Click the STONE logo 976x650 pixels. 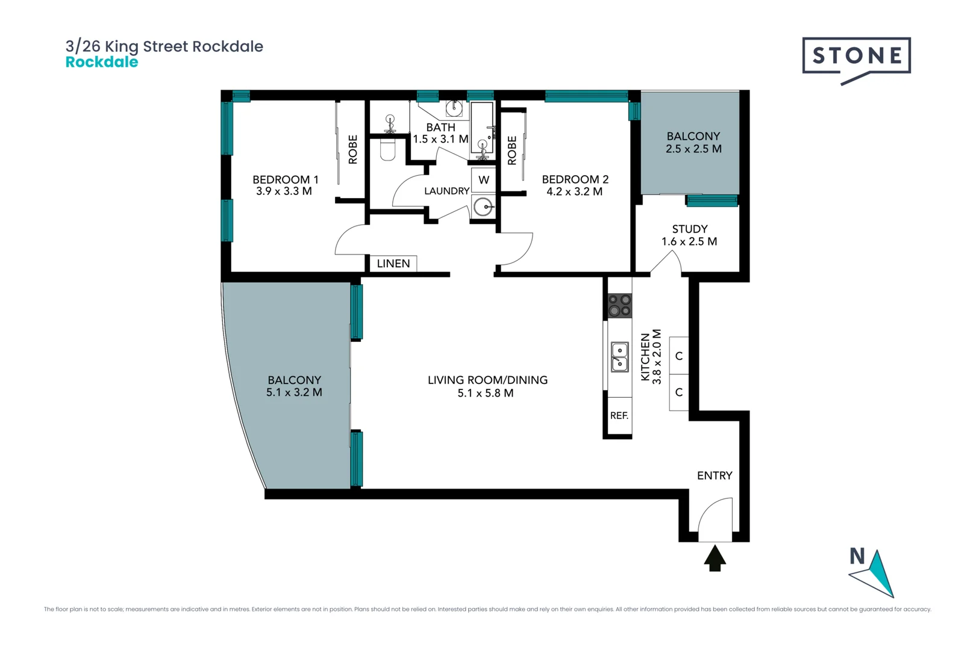tap(856, 58)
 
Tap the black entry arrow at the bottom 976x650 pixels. tap(715, 558)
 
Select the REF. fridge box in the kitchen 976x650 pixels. tap(619, 415)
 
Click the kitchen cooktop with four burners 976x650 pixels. tap(619, 305)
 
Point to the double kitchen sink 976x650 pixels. tap(619, 356)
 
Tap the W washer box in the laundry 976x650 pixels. tap(483, 180)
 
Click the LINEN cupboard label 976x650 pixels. tap(393, 264)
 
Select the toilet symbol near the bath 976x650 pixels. tap(388, 150)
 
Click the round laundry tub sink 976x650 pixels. tap(483, 207)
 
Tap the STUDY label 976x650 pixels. tap(690, 229)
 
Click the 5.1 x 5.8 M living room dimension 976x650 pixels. tap(486, 393)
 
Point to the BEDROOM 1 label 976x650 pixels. tap(286, 179)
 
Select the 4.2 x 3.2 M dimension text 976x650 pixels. tap(574, 191)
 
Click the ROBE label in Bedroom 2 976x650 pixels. tap(512, 150)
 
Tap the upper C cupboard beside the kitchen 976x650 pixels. tap(679, 356)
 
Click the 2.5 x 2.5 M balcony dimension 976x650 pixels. tap(693, 149)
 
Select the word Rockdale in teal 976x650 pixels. tap(101, 62)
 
